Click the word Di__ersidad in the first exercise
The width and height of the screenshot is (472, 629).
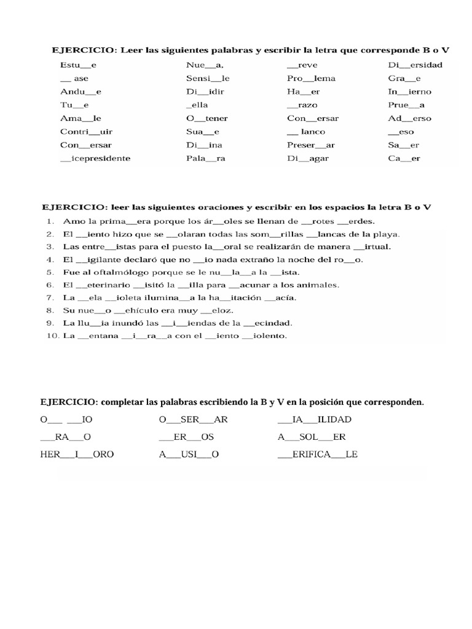pyautogui.click(x=415, y=64)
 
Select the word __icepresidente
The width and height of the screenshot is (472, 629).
pyautogui.click(x=95, y=158)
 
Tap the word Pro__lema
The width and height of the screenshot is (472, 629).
pyautogui.click(x=311, y=78)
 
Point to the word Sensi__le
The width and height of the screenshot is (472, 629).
pyautogui.click(x=208, y=78)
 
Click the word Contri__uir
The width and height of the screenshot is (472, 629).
pyautogui.click(x=87, y=131)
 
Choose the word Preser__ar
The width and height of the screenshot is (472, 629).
pyautogui.click(x=312, y=145)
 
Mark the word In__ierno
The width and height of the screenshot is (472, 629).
pyautogui.click(x=409, y=92)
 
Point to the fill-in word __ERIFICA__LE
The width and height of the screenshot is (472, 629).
pyautogui.click(x=318, y=455)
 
